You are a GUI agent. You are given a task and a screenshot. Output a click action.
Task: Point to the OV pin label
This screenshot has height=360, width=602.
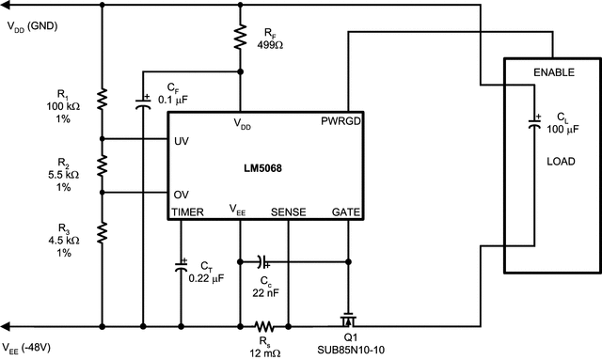coord(182,195)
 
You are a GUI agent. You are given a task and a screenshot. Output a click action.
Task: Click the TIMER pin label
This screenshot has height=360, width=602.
coord(187,212)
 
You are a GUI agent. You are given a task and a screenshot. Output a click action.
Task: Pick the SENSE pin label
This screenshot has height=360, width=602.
coord(288,212)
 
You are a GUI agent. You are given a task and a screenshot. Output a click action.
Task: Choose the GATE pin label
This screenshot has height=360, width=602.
coord(347,212)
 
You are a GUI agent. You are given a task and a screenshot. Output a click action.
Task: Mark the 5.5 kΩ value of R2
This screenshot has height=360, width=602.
coord(63,176)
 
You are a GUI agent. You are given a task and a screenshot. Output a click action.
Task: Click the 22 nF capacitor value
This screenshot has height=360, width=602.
coord(266,293)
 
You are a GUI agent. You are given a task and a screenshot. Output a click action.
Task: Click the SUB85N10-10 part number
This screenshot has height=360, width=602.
coord(353,352)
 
